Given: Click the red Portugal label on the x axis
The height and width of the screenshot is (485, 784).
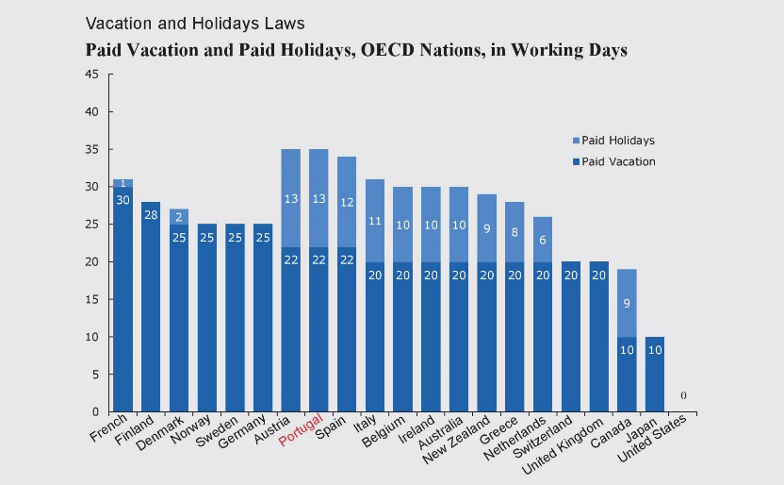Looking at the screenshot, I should pos(306,432).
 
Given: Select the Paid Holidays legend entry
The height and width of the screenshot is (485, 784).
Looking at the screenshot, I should pos(617,141).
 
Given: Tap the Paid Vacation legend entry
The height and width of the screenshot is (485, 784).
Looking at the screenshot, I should pos(617,161).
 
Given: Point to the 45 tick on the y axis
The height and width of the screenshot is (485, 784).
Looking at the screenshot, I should pos(91,75).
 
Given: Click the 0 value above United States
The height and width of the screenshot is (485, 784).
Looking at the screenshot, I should pos(682,395).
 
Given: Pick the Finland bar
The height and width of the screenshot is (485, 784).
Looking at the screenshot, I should pos(152,307).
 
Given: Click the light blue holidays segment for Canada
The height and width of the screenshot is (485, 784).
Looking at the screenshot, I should pos(627,303).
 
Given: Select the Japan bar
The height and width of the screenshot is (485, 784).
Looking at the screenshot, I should pos(655,374).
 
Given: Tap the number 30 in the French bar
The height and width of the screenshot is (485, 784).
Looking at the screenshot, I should pos(123,200).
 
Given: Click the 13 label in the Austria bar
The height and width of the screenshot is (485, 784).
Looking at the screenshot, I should pos(292,198).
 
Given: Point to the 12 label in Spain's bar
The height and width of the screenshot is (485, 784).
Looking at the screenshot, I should pos(348,202).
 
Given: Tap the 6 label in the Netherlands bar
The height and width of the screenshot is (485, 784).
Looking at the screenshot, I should pos(543,240).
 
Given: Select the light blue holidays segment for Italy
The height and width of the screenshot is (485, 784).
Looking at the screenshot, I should pos(375,221).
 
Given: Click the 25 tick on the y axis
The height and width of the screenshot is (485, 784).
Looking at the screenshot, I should pos(91,225).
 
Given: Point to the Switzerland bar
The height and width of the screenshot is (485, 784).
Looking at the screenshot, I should pos(571,337).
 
